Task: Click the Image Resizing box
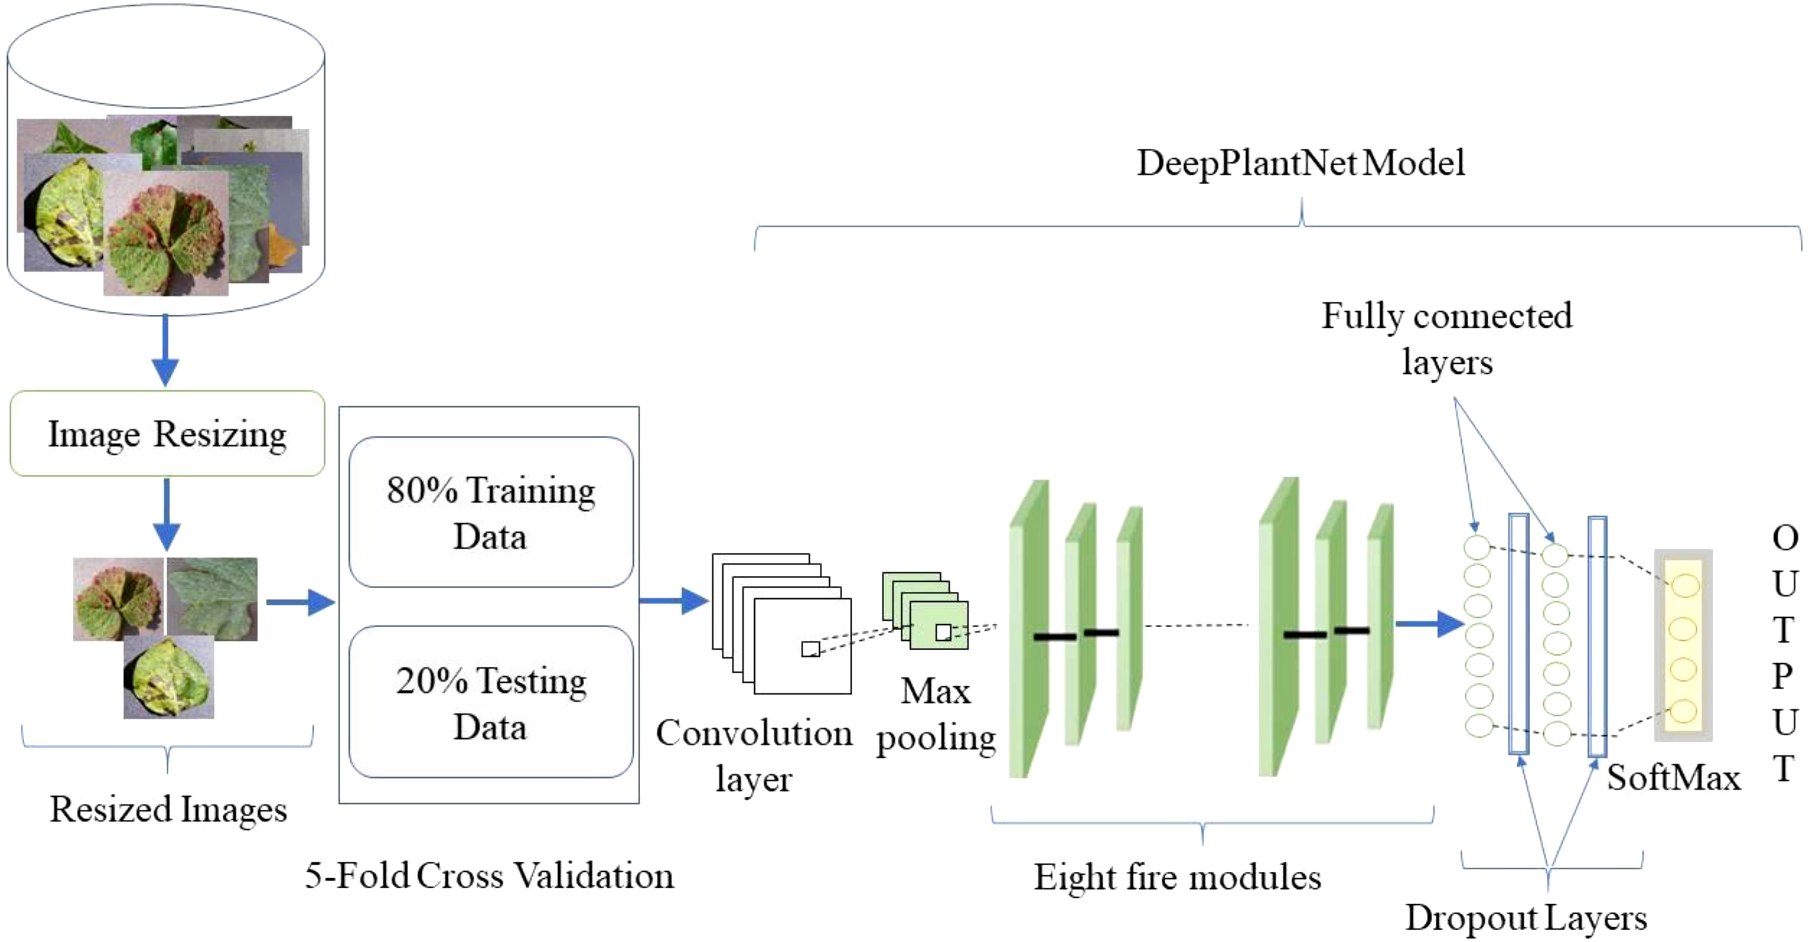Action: (x=167, y=434)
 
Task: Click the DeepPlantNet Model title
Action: (x=1301, y=163)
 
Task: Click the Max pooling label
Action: (x=936, y=714)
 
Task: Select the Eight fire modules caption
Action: (x=1177, y=877)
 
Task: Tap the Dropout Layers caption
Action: (x=1526, y=917)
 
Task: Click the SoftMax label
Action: (x=1673, y=778)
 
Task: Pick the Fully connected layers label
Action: (x=1447, y=338)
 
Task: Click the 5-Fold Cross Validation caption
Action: (x=489, y=875)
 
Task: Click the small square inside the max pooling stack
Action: (x=943, y=632)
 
